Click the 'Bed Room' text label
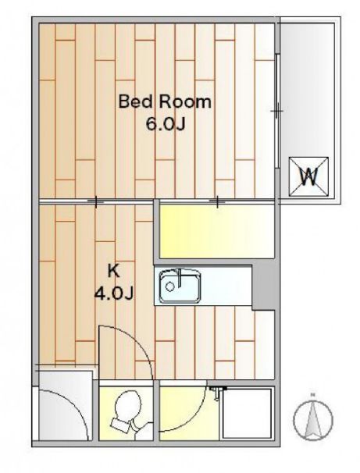coord(165,101)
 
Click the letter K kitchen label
coord(113,271)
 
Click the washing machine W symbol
coord(310,176)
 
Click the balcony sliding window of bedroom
coord(277,109)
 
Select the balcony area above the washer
coord(308,86)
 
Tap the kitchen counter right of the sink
coord(226,286)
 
